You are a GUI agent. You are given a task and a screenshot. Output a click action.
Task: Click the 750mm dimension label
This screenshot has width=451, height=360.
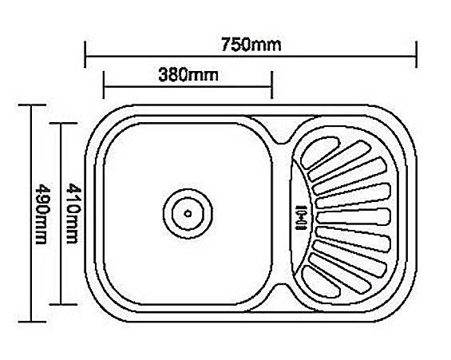251,45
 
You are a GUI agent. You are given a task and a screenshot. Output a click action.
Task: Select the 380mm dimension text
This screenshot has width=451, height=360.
188,75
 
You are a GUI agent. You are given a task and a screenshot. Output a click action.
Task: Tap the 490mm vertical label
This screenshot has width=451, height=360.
41,214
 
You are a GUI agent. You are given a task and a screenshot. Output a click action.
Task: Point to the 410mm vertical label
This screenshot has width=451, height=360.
73,214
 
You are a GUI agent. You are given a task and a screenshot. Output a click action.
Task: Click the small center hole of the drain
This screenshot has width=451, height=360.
188,214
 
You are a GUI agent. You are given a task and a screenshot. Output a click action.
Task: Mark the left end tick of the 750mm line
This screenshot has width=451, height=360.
85,54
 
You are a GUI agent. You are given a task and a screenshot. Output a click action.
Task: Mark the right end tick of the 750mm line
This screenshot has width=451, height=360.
416,54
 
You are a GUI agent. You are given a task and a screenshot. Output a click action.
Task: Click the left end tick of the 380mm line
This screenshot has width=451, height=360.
103,85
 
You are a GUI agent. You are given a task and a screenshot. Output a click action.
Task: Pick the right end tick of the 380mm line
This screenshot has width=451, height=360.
271,85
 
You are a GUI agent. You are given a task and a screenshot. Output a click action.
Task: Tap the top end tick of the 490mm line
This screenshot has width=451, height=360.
32,105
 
